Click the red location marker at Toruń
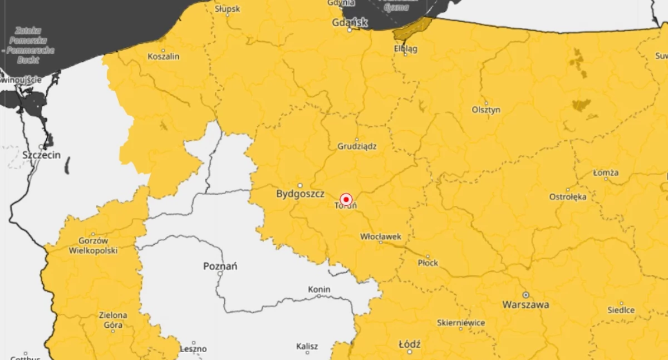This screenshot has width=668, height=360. (x=346, y=199)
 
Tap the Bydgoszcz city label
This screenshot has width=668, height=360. (x=300, y=194)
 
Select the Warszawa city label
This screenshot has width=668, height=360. (x=525, y=304)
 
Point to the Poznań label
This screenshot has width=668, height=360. (x=220, y=266)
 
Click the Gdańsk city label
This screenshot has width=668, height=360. (x=350, y=23)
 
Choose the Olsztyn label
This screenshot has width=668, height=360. (x=486, y=110)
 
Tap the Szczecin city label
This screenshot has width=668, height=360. (x=42, y=155)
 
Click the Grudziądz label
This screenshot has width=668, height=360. (x=357, y=146)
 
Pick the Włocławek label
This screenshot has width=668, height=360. (x=380, y=236)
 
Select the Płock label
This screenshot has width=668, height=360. (x=428, y=263)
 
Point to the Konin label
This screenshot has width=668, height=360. (x=319, y=289)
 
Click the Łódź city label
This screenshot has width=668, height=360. (x=410, y=344)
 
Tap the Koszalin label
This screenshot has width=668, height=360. (x=164, y=56)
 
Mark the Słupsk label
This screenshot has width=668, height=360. (x=227, y=9)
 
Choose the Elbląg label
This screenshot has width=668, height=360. (x=405, y=49)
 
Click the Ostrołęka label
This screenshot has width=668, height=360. (x=568, y=196)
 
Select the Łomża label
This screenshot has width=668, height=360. (x=606, y=172)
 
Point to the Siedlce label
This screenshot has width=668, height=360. (x=621, y=310)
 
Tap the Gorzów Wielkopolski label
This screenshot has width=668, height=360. (x=93, y=245)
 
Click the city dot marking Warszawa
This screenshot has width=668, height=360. (x=525, y=295)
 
